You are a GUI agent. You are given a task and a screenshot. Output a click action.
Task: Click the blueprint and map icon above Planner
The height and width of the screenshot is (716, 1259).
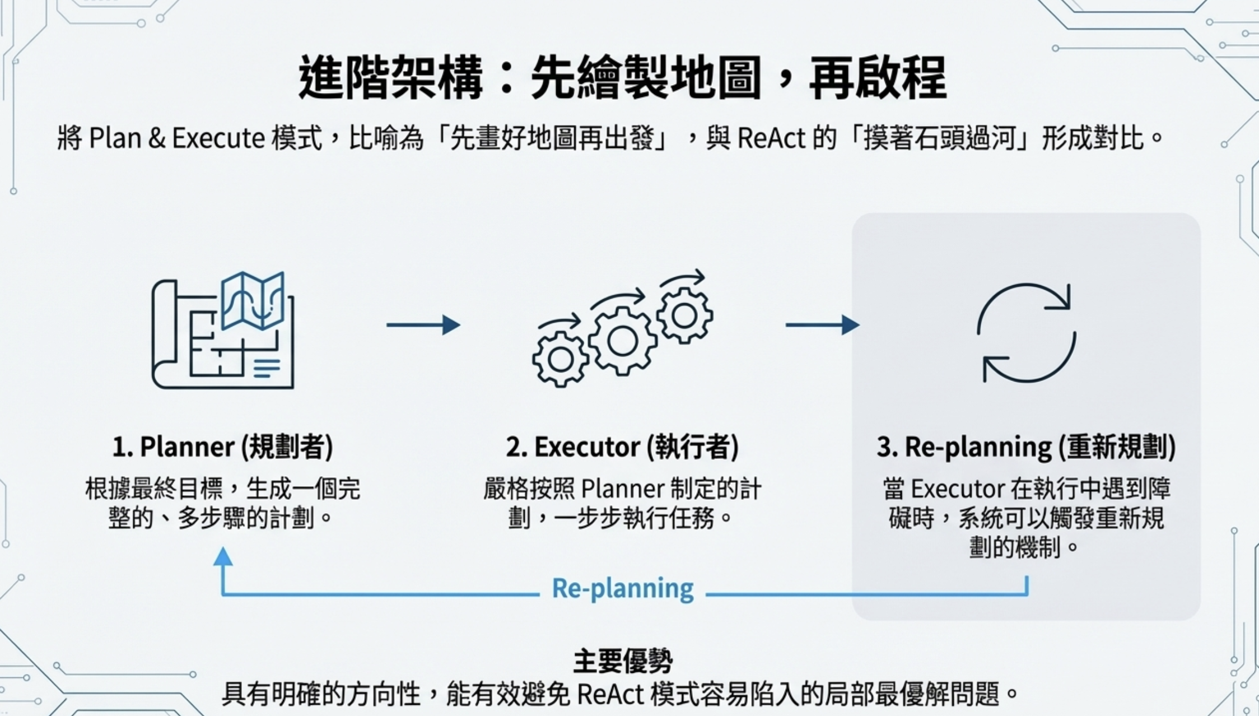pyautogui.click(x=223, y=331)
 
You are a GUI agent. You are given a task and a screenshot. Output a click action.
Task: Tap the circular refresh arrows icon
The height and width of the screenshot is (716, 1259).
pyautogui.click(x=1026, y=333)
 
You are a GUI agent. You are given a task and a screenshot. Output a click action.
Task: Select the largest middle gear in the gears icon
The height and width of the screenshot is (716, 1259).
pyautogui.click(x=622, y=341)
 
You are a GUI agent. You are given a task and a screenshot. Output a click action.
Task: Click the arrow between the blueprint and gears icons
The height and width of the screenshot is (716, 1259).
pyautogui.click(x=423, y=325)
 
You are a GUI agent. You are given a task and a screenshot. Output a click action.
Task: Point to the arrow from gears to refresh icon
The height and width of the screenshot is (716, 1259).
pyautogui.click(x=822, y=325)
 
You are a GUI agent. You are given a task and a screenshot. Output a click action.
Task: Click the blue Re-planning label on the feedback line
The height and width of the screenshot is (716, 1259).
pyautogui.click(x=622, y=588)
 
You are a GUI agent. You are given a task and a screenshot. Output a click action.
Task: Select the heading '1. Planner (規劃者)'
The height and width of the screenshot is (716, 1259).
pyautogui.click(x=223, y=447)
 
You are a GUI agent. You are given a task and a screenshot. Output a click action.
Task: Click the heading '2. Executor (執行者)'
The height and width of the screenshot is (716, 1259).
pyautogui.click(x=622, y=447)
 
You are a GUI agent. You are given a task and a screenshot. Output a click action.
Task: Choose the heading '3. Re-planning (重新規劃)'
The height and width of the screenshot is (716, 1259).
pyautogui.click(x=1026, y=447)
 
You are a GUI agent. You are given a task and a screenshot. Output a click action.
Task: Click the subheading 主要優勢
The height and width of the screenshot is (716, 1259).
pyautogui.click(x=622, y=661)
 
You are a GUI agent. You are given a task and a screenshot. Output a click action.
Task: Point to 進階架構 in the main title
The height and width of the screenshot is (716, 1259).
pyautogui.click(x=390, y=77)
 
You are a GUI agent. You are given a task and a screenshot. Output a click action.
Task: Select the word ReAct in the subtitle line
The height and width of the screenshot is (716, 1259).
pyautogui.click(x=771, y=138)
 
